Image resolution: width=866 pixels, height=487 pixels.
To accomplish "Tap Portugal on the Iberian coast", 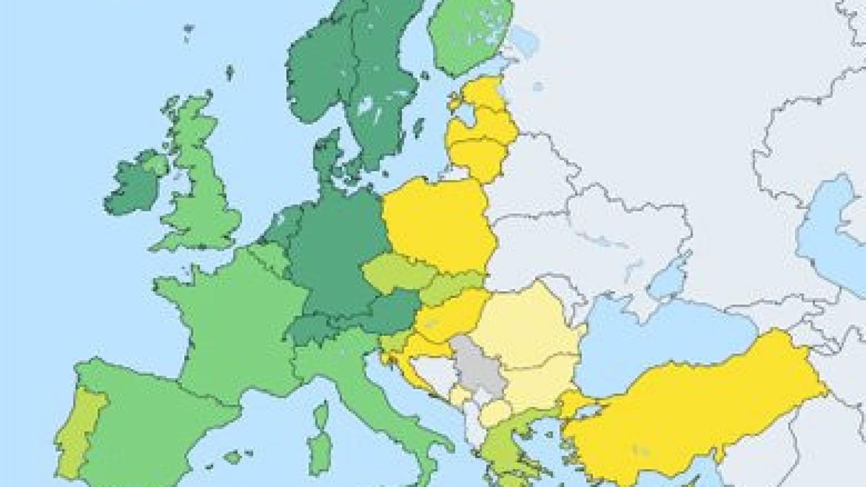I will [x=81, y=431].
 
